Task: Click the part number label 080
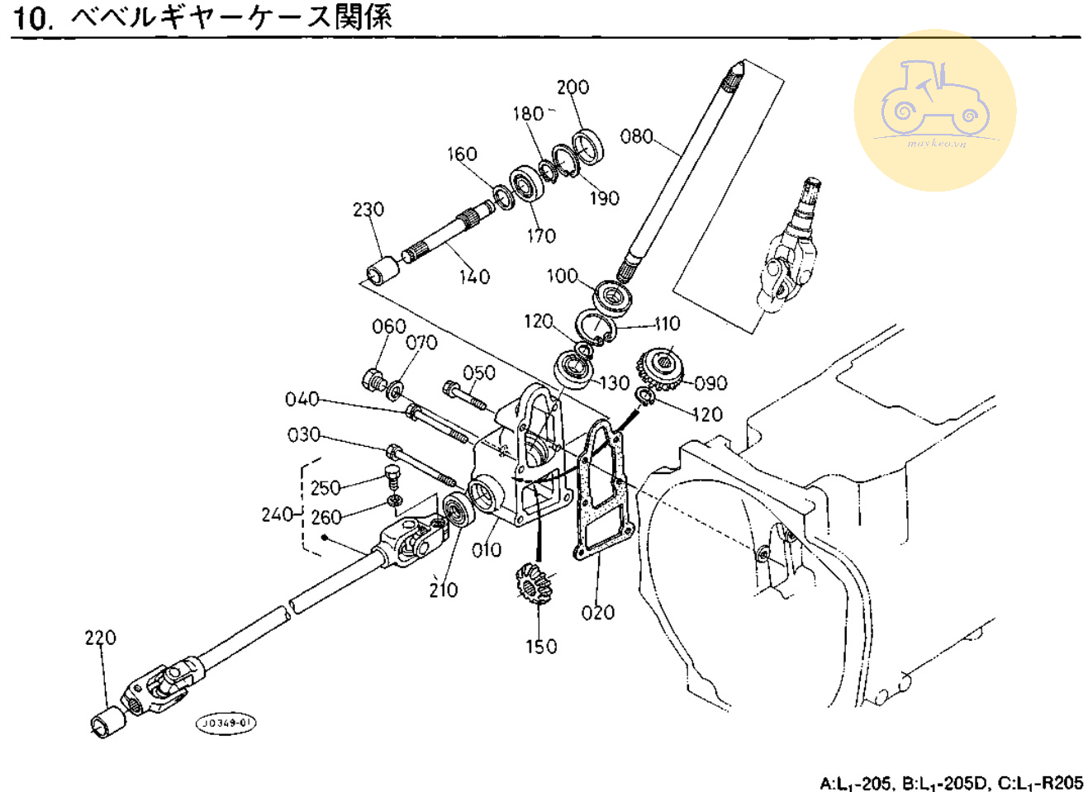(x=636, y=136)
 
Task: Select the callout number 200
(x=573, y=88)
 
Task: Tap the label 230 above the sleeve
(x=368, y=210)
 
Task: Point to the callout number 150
(x=541, y=647)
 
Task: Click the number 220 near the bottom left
(x=100, y=638)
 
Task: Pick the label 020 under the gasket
(x=597, y=613)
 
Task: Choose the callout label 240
(x=278, y=515)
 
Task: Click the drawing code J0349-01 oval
(x=226, y=723)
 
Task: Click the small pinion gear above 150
(x=532, y=583)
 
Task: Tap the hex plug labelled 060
(x=373, y=382)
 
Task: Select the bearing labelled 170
(x=525, y=183)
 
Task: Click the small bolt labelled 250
(x=393, y=477)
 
